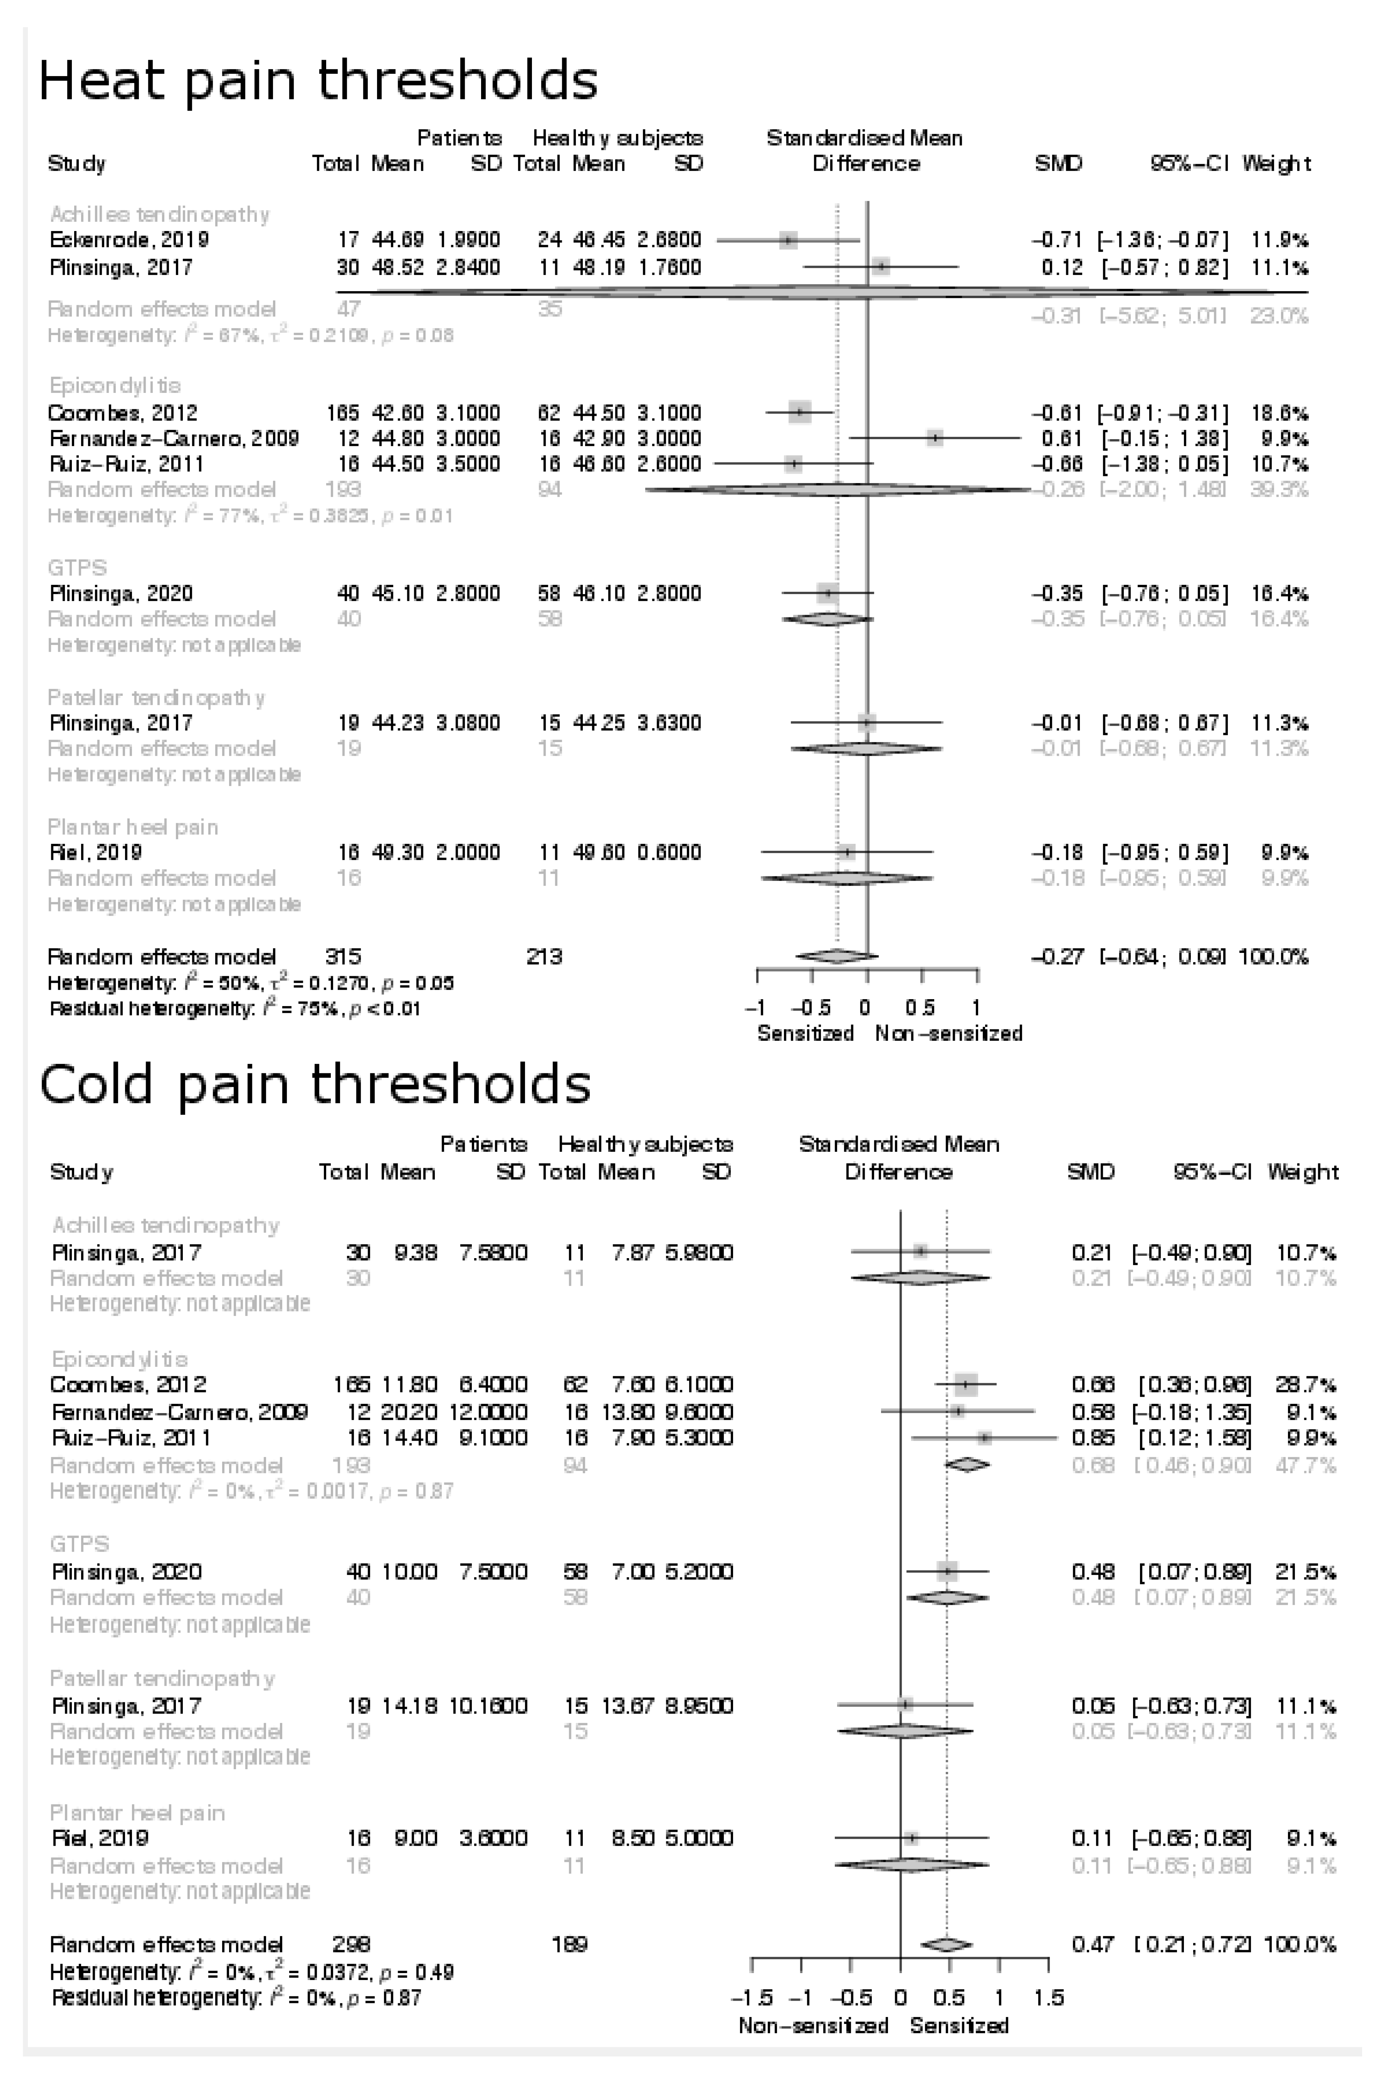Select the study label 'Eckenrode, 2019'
pos(129,240)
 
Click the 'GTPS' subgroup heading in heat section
pos(78,567)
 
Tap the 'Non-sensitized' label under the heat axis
pos(948,1034)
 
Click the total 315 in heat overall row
pos(343,957)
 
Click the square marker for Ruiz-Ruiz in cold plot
pos(985,1438)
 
